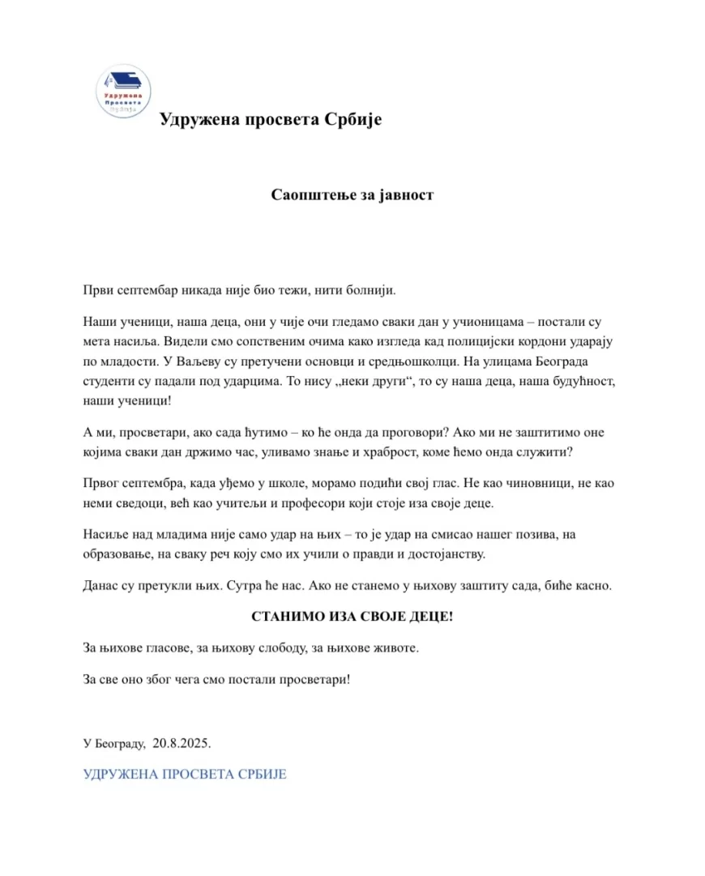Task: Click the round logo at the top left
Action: coord(123,91)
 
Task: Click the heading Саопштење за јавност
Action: coord(352,194)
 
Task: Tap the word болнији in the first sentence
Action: coord(370,289)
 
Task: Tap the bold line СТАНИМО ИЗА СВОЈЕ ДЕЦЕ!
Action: coord(352,617)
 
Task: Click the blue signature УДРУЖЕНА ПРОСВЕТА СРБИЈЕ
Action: coord(185,774)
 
